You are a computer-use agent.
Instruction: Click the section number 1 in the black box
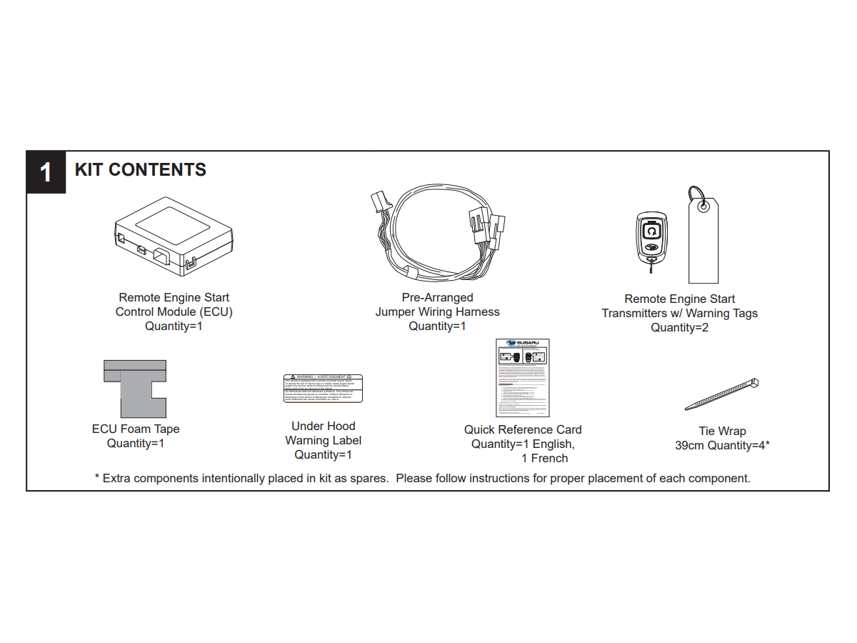point(46,173)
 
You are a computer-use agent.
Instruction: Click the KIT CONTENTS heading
point(141,170)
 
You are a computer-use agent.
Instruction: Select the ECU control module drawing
point(174,236)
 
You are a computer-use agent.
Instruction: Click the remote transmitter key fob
point(651,239)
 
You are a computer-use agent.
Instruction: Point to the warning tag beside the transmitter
point(703,242)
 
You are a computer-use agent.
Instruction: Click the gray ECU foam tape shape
point(135,389)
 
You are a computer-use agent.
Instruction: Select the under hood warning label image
point(323,388)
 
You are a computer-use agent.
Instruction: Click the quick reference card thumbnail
point(523,378)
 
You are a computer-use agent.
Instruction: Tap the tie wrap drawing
point(721,394)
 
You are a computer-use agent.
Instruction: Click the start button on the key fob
point(651,231)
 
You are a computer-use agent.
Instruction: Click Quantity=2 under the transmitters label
point(679,328)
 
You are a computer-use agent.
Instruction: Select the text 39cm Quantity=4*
point(722,446)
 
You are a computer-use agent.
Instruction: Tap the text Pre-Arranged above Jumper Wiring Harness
point(437,298)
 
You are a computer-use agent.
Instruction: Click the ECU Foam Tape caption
point(136,429)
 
